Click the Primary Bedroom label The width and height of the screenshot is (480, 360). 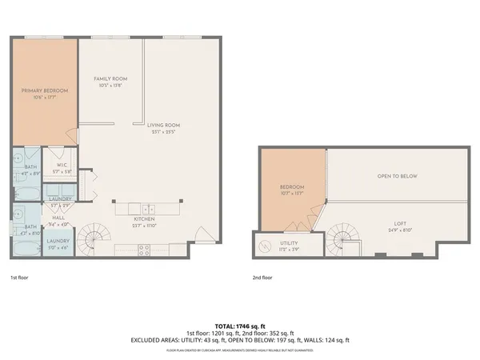(44, 91)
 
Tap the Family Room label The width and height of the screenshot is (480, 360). (110, 78)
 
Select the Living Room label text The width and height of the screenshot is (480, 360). (162, 125)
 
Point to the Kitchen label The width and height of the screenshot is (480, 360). (144, 218)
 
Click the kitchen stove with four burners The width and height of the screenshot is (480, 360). (145, 248)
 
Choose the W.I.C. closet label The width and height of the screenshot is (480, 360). (60, 166)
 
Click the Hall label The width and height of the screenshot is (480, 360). (58, 216)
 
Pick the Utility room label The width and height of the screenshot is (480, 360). (288, 242)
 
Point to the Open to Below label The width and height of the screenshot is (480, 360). (397, 176)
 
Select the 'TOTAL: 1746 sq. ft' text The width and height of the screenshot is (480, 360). (240, 326)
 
